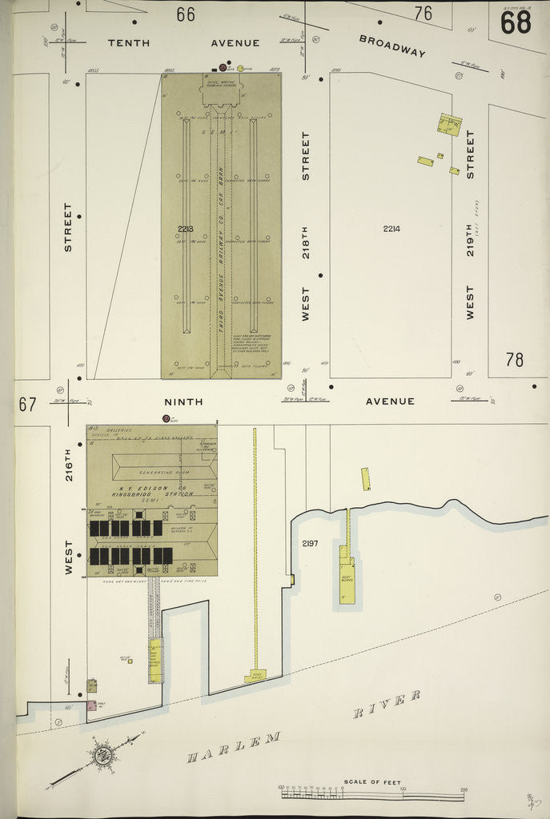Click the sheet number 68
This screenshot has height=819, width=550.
tap(516, 22)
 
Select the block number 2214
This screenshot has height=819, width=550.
tap(391, 229)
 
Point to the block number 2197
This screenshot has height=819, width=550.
tap(310, 544)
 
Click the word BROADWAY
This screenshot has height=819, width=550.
tap(391, 46)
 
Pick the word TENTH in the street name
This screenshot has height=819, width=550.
tap(128, 43)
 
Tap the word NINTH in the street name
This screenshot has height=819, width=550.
tap(183, 402)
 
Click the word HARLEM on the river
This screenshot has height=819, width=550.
tap(234, 748)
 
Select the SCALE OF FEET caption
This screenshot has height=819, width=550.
tap(372, 782)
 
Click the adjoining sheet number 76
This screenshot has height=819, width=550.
tap(424, 13)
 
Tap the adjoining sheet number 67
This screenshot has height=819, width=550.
tap(28, 404)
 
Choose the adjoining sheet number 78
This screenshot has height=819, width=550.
tap(514, 360)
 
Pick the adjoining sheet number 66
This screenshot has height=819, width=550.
tap(186, 14)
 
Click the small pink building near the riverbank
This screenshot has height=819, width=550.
tap(91, 705)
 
